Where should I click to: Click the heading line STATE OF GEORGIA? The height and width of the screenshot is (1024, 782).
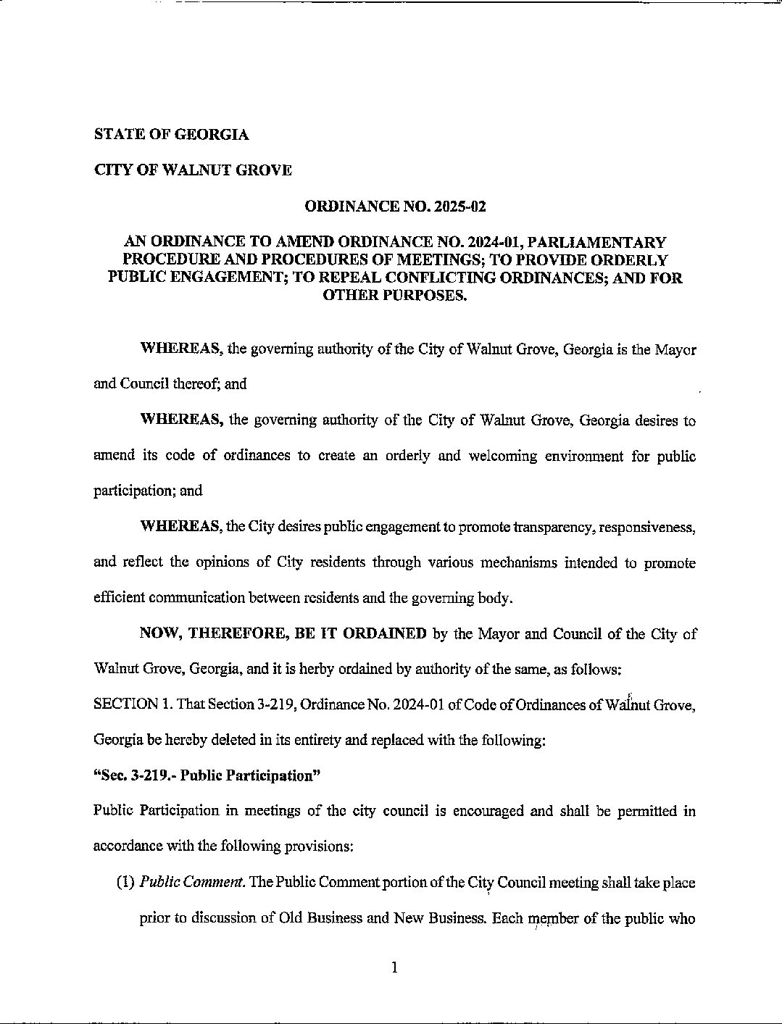[x=171, y=135]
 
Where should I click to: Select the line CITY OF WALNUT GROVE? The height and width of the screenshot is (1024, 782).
[x=193, y=171]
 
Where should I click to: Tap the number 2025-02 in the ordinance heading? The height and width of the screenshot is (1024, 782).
[x=458, y=207]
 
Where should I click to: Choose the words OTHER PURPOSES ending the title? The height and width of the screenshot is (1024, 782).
[x=395, y=296]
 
